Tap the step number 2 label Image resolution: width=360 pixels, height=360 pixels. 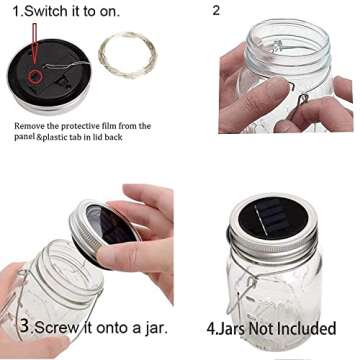[x=216, y=11]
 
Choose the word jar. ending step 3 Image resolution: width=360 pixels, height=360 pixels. [x=148, y=327]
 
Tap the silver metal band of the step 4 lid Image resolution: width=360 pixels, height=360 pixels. [x=272, y=244]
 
